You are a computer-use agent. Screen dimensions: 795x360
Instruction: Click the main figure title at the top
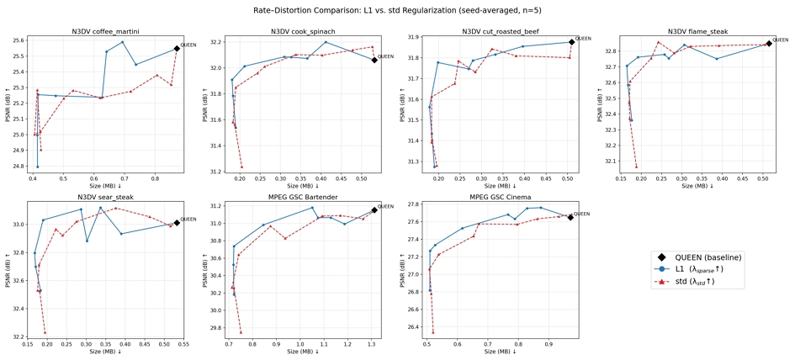pos(396,9)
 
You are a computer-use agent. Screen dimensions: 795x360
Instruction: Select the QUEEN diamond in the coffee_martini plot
pos(177,48)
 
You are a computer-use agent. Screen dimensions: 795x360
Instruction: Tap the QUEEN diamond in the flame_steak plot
pos(769,44)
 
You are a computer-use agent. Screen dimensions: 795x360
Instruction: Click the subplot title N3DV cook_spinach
pos(303,31)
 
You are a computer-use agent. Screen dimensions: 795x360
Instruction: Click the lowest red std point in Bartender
pos(241,332)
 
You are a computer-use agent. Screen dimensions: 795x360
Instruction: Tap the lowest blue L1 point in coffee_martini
pos(38,167)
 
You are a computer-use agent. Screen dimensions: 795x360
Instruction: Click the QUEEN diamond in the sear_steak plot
pos(177,223)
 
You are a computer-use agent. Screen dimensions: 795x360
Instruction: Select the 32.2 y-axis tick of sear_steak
pos(20,337)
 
